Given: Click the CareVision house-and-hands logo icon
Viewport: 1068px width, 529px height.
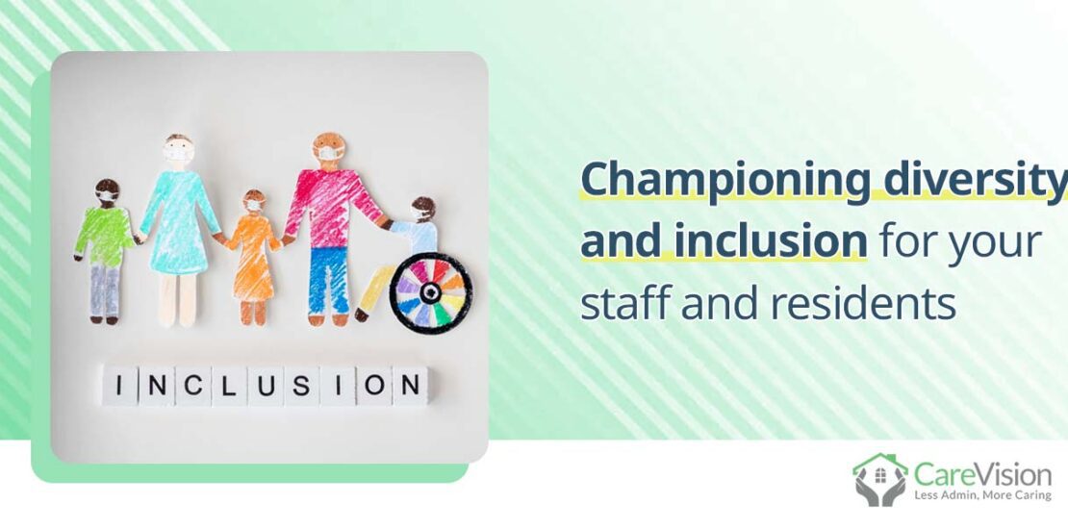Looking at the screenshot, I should pos(879,479).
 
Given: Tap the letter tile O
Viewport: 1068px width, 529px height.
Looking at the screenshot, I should pos(373,386).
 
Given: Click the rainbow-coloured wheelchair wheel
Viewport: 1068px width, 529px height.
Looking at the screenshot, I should pos(430,292).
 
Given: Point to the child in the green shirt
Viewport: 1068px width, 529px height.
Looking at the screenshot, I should pos(104,237).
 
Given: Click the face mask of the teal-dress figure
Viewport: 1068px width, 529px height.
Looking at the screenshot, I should pos(178,154).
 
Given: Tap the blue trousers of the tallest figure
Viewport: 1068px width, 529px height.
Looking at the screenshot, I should pos(327,279).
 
